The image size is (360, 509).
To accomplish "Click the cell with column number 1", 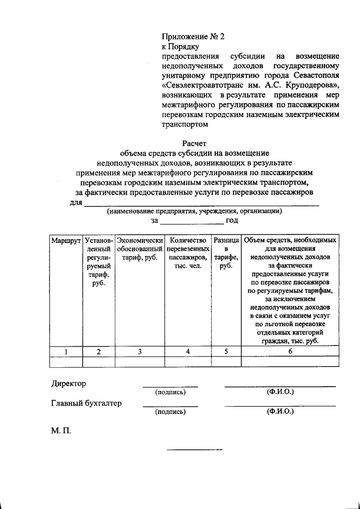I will tap(66, 352).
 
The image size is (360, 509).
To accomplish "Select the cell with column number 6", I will tap(290, 352).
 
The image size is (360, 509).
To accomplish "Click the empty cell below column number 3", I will tap(139, 361).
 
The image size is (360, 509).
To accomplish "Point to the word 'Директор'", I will tap(69, 384).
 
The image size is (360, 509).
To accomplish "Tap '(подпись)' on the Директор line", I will tap(170, 392).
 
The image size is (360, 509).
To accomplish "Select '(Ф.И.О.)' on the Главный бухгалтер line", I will tap(280, 411).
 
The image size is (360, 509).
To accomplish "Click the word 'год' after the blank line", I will tap(232, 221).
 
